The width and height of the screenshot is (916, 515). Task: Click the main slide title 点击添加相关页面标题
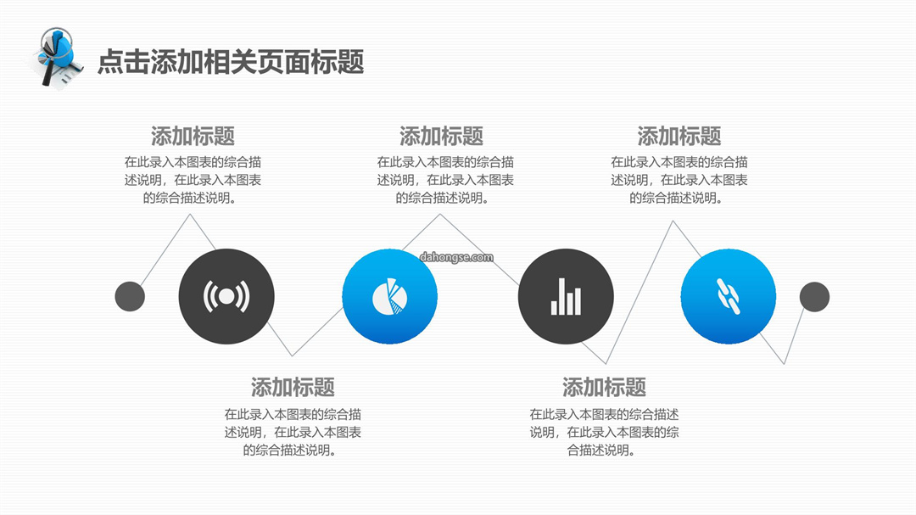pos(231,61)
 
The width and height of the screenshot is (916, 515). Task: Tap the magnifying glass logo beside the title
pos(58,58)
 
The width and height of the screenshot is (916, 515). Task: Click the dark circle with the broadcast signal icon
pos(226,296)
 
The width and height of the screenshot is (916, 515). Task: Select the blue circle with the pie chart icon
pos(389,296)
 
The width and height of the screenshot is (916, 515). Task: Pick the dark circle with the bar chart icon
pos(566,296)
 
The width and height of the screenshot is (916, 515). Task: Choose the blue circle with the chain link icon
pos(729,296)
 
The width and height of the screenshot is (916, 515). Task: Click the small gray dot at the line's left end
pos(130,296)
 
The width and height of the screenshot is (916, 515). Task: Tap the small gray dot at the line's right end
pos(814,296)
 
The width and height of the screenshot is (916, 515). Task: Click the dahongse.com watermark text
pos(456,257)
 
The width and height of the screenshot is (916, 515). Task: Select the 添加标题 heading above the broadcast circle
pos(193,137)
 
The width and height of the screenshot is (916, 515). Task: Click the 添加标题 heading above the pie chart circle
pos(442,137)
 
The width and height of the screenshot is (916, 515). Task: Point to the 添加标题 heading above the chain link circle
pos(679,137)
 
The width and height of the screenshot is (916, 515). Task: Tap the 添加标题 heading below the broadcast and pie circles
pos(293,387)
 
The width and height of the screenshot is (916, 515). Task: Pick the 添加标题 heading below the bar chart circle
pos(604,387)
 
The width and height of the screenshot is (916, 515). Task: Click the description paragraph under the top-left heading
pos(193,180)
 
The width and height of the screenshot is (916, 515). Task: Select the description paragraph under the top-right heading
pos(679,180)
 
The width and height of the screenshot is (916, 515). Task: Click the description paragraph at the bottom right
pos(604,433)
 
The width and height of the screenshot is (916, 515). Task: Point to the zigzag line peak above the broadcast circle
pos(190,215)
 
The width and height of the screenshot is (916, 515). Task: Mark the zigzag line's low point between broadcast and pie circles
pos(293,355)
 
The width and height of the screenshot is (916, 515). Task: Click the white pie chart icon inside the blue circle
pos(389,296)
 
